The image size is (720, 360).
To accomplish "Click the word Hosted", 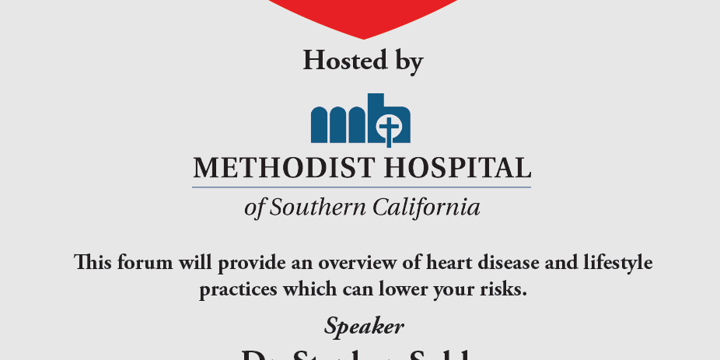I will coord(343,60).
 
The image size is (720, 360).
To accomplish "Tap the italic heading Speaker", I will coord(364,326).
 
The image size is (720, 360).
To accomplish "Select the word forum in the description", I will coord(147,263).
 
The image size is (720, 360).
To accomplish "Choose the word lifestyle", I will coord(617,264).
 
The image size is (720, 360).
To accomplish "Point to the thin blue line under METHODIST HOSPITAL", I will coord(362,187).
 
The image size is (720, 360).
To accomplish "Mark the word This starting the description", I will coord(93,263).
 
